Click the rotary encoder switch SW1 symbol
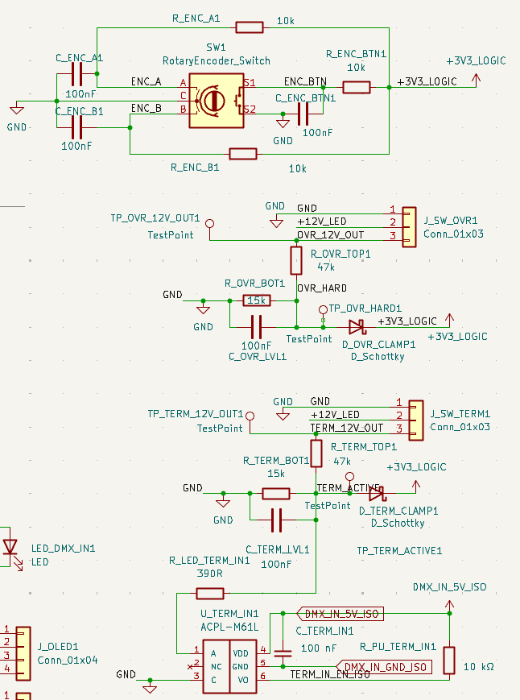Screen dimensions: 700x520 pyautogui.click(x=216, y=100)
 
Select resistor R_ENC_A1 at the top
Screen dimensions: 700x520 pyautogui.click(x=250, y=27)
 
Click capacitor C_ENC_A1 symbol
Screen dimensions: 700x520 pyautogui.click(x=77, y=76)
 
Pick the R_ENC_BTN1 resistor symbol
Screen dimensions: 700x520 pyautogui.click(x=357, y=87)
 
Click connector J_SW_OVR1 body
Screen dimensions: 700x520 pyautogui.click(x=410, y=222)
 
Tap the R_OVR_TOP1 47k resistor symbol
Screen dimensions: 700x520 pyautogui.click(x=296, y=260)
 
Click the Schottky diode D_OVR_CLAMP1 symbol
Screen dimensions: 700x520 pyautogui.click(x=356, y=327)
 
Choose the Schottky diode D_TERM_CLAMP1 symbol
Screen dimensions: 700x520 pyautogui.click(x=377, y=492)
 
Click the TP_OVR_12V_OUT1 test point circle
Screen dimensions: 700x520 pyautogui.click(x=210, y=223)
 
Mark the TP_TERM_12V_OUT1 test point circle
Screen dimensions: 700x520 pyautogui.click(x=249, y=416)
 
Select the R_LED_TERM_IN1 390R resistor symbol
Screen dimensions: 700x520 pyautogui.click(x=210, y=594)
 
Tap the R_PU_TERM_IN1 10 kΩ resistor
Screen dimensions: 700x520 pyautogui.click(x=449, y=660)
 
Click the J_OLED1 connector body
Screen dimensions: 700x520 pyautogui.click(x=22, y=649)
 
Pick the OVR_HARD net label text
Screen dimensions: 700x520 pyautogui.click(x=322, y=288)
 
